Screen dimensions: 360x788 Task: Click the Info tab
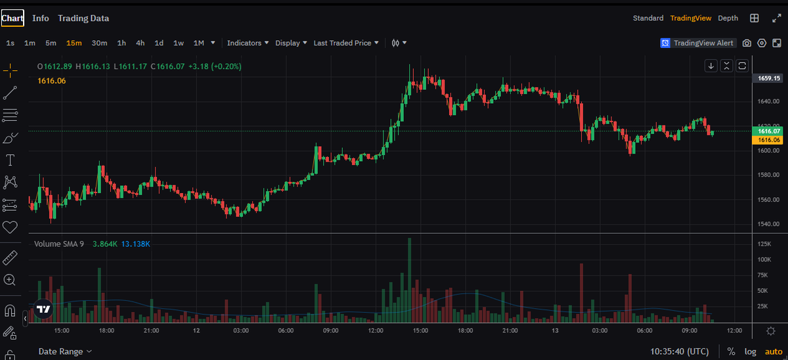coord(41,18)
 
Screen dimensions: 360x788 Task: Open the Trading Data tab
coord(83,18)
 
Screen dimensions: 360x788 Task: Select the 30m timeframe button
coord(99,43)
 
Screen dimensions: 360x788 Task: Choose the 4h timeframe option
coord(141,43)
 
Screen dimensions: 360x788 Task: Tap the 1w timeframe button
coord(179,43)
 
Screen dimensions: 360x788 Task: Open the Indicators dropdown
coord(248,43)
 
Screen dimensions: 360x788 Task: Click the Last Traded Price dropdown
coord(346,43)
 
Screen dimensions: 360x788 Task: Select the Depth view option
coord(728,18)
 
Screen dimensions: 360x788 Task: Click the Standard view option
coord(648,18)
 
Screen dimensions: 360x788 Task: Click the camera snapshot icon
coord(747,43)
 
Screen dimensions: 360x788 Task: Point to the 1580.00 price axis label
coord(767,175)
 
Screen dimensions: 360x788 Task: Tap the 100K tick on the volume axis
coord(764,259)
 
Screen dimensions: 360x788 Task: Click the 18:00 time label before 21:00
coord(106,330)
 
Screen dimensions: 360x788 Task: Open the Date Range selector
coord(65,351)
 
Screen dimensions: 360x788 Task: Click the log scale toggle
coord(750,351)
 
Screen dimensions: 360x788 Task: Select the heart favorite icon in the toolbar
coord(10,227)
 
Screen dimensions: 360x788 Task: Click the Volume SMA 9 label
coord(59,244)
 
